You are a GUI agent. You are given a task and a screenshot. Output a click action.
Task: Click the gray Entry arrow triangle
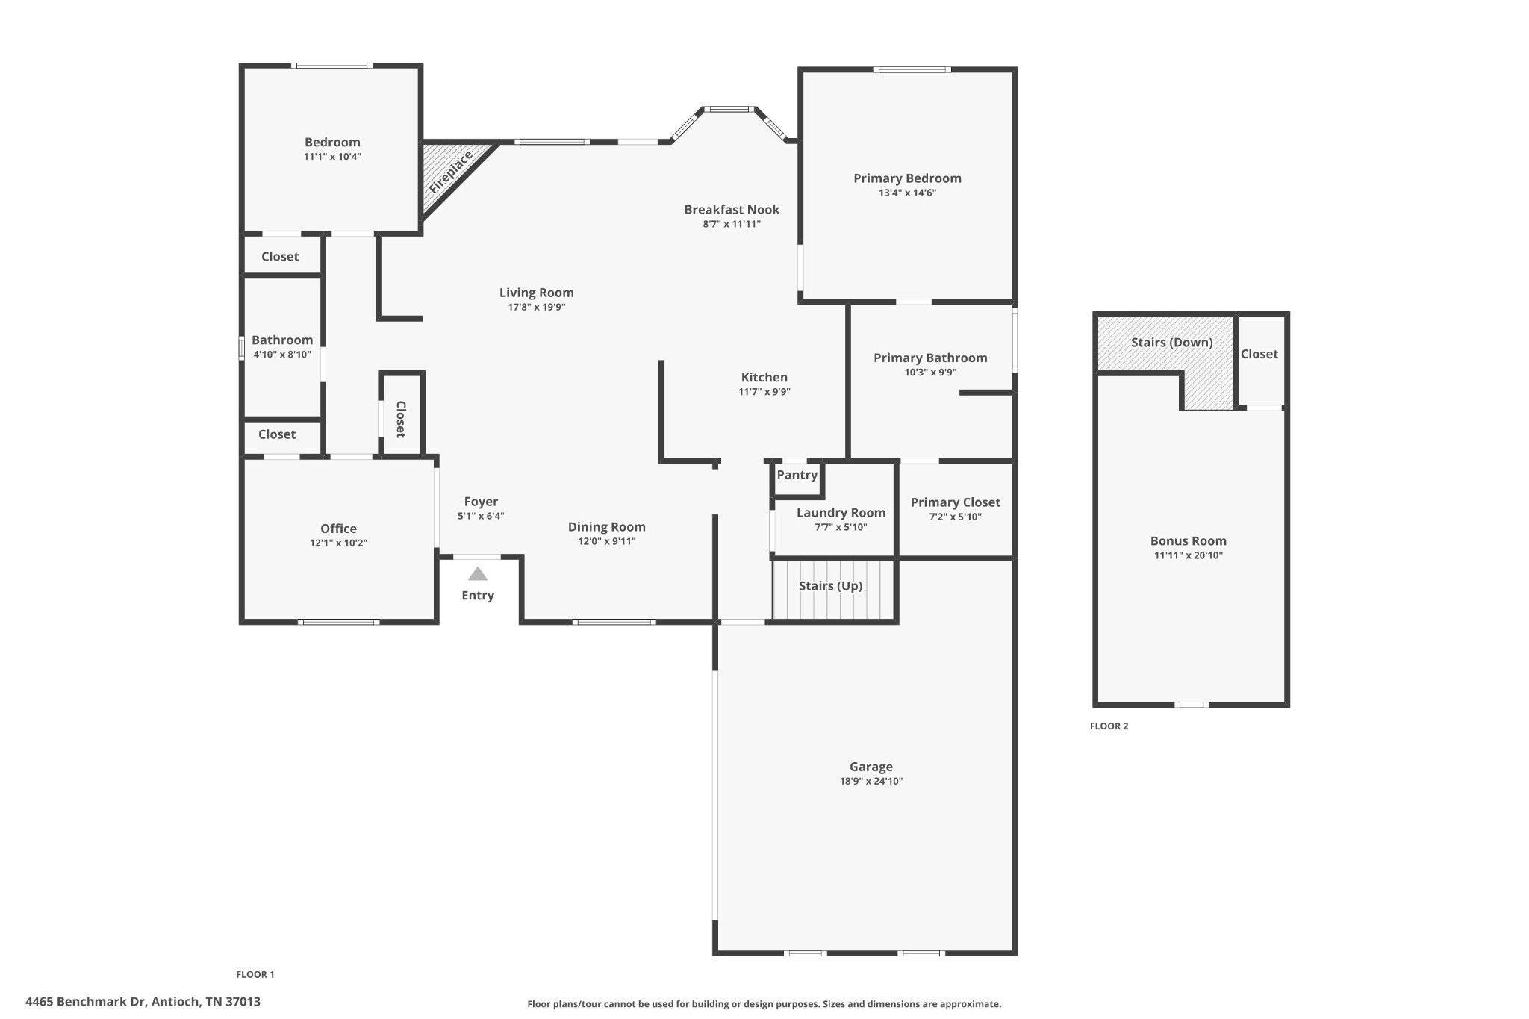478,574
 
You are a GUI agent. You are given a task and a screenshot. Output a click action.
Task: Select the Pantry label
797,475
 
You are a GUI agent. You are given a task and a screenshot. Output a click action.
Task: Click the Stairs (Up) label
830,586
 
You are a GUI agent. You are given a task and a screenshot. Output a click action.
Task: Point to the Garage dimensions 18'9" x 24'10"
871,781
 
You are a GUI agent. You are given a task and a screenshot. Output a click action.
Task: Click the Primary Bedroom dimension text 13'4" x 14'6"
907,193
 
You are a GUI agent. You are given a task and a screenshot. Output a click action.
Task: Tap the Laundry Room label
841,513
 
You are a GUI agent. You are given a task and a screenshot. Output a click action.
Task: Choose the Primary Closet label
955,502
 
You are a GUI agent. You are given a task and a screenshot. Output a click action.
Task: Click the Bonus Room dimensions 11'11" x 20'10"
1189,555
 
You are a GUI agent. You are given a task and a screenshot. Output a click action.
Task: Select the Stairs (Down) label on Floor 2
1171,343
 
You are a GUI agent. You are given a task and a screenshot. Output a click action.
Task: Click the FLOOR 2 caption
1109,726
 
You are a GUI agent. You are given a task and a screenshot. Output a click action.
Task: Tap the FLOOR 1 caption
255,974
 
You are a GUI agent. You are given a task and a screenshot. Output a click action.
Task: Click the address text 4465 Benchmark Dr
86,1002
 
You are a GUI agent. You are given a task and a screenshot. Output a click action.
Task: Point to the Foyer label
481,502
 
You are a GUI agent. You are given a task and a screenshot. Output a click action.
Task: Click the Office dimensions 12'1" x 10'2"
338,543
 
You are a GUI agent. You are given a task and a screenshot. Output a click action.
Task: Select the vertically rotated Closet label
401,420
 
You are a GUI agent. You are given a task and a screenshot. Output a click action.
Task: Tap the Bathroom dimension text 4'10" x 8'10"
282,355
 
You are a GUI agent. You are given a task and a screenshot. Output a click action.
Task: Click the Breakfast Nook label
732,210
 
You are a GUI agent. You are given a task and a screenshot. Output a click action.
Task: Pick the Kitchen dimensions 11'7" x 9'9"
764,392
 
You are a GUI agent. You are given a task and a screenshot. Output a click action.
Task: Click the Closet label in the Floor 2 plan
1259,354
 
